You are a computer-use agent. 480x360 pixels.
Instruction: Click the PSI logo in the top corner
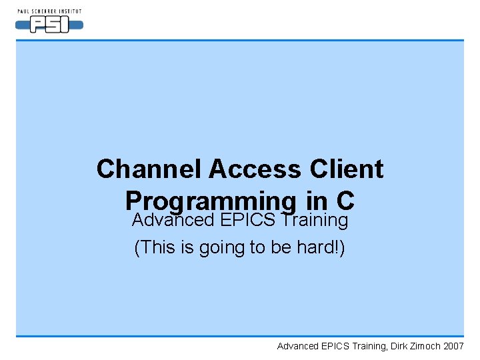click(x=49, y=25)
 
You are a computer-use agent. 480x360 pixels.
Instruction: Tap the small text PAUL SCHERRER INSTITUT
click(x=49, y=11)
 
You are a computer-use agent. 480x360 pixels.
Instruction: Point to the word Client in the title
click(x=347, y=169)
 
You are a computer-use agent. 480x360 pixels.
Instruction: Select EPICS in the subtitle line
click(x=249, y=220)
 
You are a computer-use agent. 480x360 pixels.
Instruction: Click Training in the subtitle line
click(x=314, y=220)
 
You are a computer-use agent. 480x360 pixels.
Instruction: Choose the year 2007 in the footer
click(x=453, y=346)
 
